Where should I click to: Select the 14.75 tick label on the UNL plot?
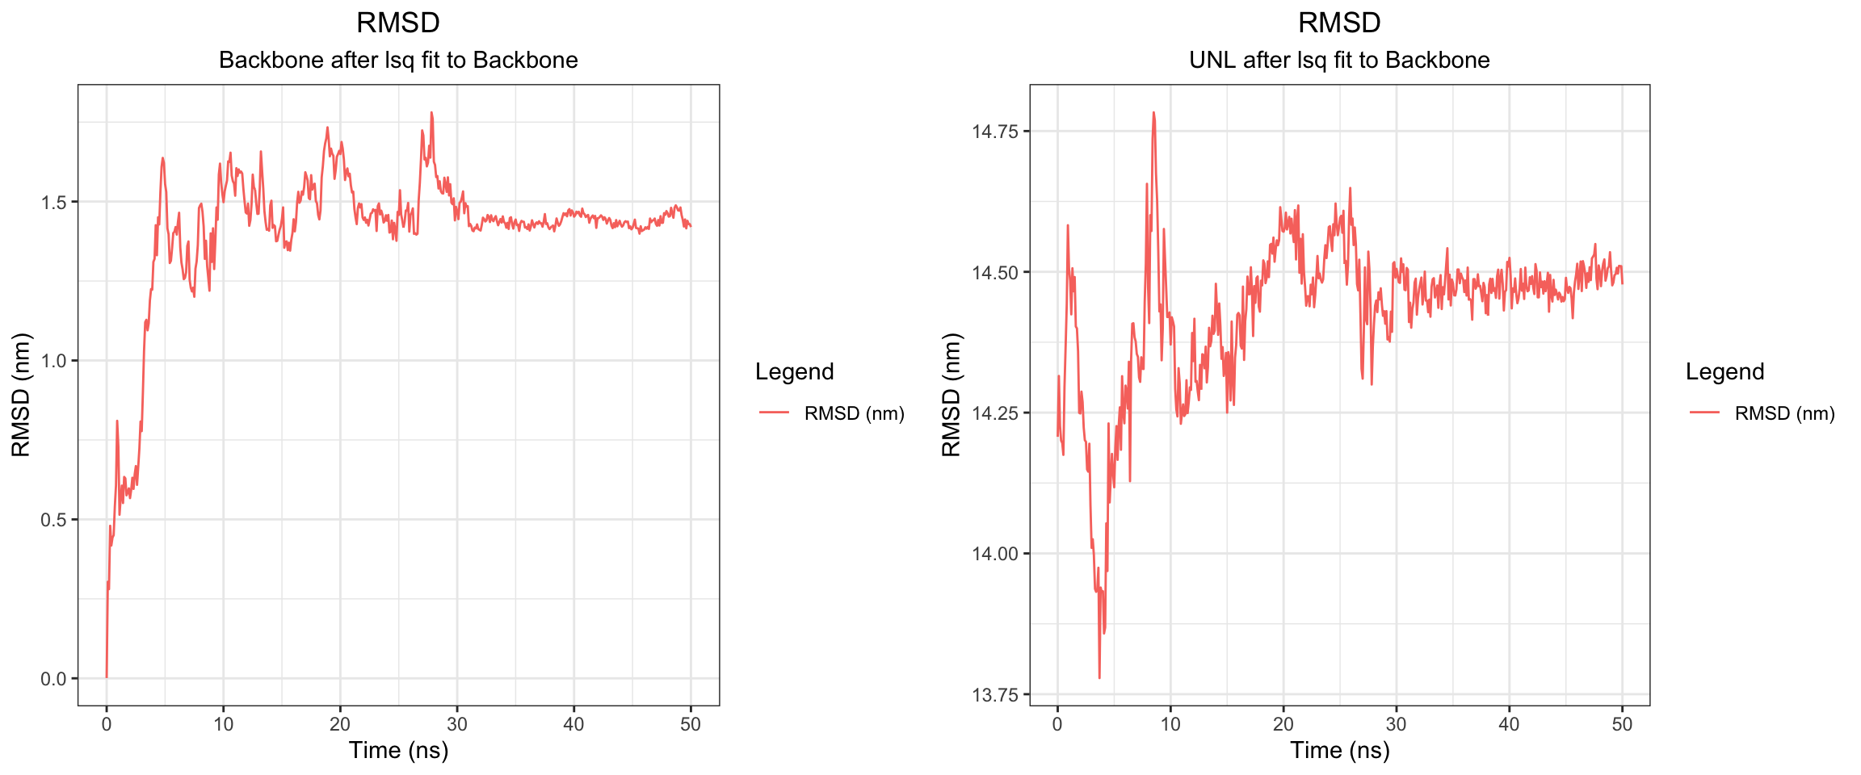(995, 132)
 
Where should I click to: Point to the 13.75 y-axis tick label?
(995, 695)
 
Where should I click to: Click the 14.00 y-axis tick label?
(995, 554)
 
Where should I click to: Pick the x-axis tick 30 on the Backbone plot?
(457, 724)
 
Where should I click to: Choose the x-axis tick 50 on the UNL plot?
(1622, 724)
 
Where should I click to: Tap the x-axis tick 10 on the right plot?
(1170, 724)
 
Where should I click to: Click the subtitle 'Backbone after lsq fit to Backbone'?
(398, 61)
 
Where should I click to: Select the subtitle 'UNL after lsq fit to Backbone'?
(1339, 61)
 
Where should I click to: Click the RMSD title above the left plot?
(398, 23)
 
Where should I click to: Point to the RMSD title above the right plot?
(1339, 23)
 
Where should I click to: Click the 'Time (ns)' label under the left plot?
(398, 751)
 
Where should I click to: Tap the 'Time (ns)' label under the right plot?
(1339, 751)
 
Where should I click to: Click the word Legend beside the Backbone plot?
(794, 371)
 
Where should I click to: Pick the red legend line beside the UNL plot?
(1704, 413)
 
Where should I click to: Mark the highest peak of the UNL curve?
(1153, 113)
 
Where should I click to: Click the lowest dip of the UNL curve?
(1099, 677)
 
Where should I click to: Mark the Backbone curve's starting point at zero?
(107, 677)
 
